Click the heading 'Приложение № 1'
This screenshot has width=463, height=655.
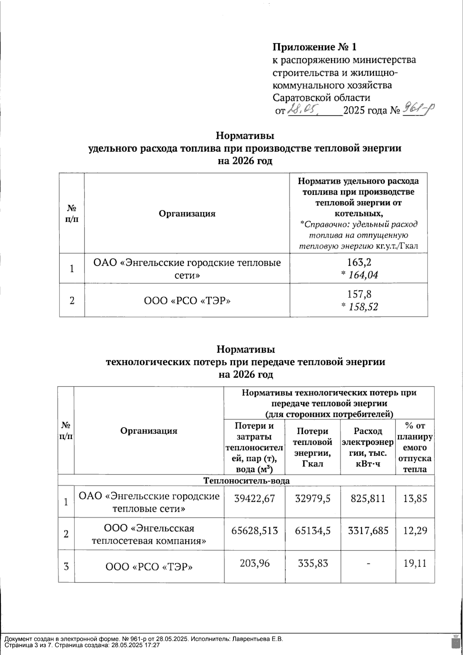coord(314,47)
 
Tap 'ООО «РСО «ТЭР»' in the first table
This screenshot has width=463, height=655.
coord(187,300)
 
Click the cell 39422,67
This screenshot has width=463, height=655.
coord(255,498)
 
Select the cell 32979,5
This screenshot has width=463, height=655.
coord(313,498)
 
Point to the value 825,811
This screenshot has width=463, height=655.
coord(368,498)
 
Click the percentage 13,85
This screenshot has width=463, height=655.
coord(415,498)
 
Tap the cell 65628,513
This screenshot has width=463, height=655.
coord(255,531)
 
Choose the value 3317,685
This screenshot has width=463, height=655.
coord(368,531)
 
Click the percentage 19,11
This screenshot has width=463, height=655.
coord(415,564)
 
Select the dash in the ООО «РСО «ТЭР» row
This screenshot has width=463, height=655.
coord(368,564)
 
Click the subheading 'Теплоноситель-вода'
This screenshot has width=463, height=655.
coord(246,481)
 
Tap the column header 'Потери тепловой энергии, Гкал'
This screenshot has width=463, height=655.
coord(313,447)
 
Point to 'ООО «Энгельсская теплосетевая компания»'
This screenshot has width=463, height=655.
coord(149,534)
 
